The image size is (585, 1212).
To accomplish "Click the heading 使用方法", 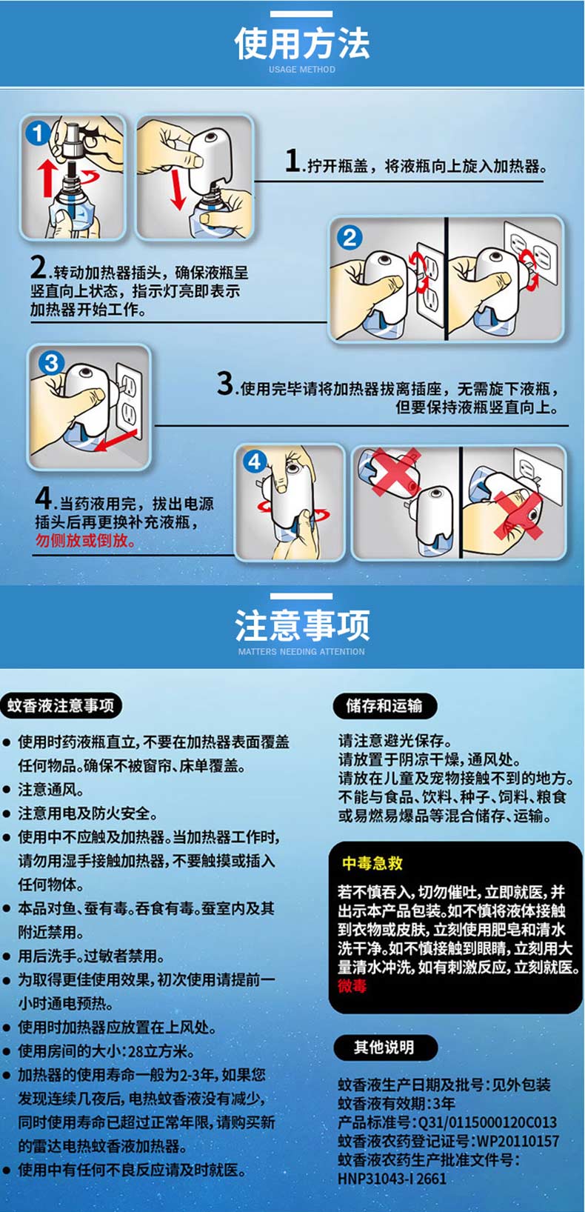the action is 301,44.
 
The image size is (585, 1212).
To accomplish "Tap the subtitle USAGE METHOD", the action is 301,69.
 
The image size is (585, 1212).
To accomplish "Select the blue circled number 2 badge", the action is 350,238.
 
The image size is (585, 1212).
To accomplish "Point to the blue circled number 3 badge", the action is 51,362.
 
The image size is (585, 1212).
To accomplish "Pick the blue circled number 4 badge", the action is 254,462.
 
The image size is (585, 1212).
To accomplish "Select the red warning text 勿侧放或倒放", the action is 85,540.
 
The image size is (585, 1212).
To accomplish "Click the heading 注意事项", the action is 301,625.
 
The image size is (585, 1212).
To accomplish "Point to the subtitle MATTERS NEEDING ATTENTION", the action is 301,651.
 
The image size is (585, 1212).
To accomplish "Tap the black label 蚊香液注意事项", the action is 61,705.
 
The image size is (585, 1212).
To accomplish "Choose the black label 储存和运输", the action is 384,705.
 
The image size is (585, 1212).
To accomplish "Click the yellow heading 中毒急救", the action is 372,863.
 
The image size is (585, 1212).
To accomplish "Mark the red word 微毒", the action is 352,986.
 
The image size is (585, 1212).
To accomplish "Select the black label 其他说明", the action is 384,1047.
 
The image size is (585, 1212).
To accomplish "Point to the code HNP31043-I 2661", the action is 392,1179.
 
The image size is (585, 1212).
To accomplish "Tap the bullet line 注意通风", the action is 51,790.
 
